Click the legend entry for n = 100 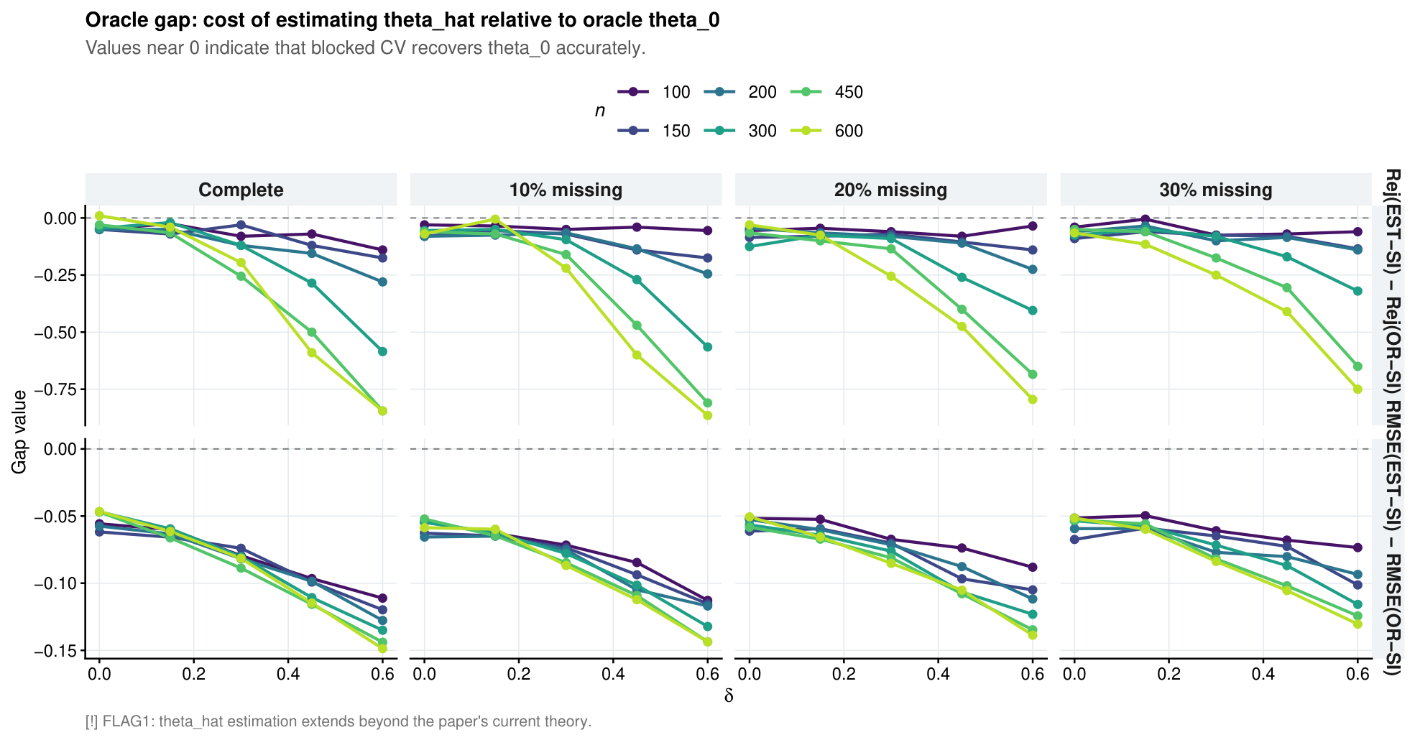[654, 92]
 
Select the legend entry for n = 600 [826, 131]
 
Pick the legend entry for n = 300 [740, 131]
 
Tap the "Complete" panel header [241, 190]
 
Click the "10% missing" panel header [566, 190]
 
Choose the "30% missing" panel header [1216, 190]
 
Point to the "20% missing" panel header [890, 190]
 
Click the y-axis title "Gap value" [19, 432]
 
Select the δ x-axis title [729, 696]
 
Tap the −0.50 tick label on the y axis [55, 332]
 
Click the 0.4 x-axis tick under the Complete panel [287, 674]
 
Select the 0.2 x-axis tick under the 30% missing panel [1169, 674]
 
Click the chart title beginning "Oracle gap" [402, 20]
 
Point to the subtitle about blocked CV [366, 48]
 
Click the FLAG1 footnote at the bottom [338, 721]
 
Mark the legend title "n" [599, 111]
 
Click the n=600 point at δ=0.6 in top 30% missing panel [1358, 389]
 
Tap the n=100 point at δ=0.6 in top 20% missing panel [1033, 226]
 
